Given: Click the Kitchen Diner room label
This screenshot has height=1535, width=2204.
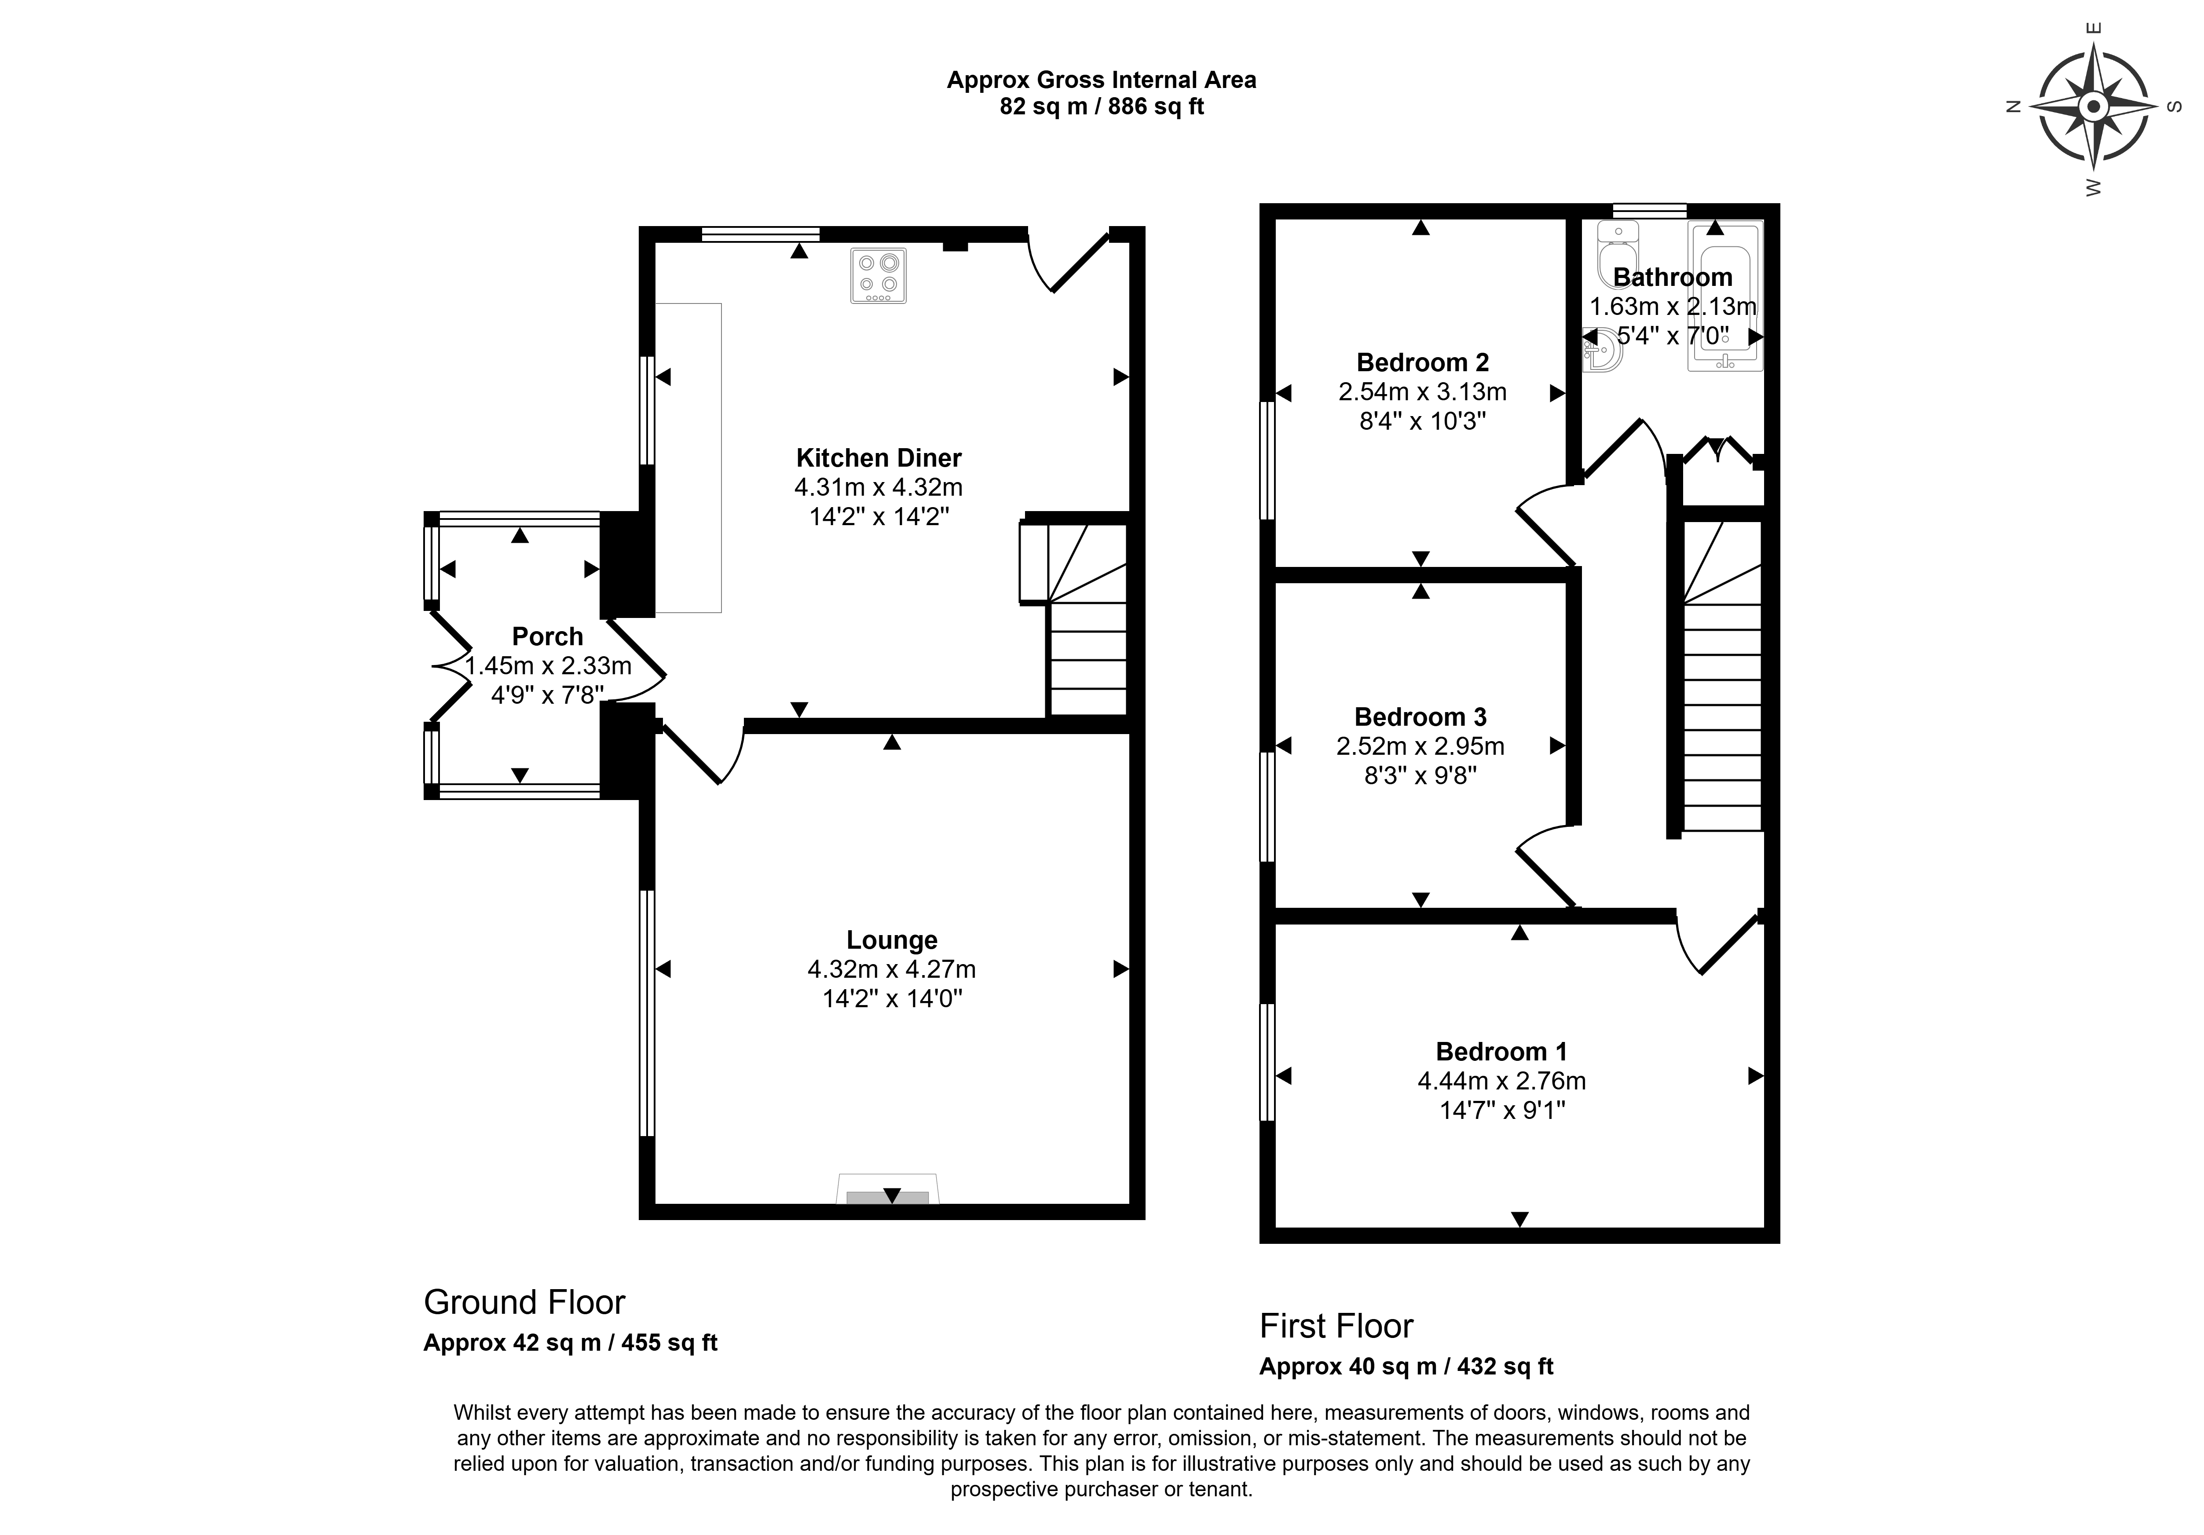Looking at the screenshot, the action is (x=879, y=458).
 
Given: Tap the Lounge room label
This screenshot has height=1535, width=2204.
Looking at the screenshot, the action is (x=892, y=940).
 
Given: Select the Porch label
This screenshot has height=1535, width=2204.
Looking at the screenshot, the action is (x=547, y=636).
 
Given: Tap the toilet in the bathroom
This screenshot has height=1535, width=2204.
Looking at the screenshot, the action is (x=1618, y=253).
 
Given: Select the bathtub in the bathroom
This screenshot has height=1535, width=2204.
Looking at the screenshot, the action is (x=1725, y=296).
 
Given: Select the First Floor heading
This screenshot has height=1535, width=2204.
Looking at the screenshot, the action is (x=1336, y=1326).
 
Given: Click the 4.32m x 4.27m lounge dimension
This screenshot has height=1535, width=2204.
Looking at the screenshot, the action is (x=892, y=969).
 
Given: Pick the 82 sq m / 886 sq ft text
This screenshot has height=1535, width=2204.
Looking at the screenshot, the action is (x=1102, y=106).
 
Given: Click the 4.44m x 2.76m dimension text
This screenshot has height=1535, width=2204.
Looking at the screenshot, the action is (x=1501, y=1081).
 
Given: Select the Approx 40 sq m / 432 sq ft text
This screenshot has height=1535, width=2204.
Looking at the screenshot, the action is (x=1406, y=1366).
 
